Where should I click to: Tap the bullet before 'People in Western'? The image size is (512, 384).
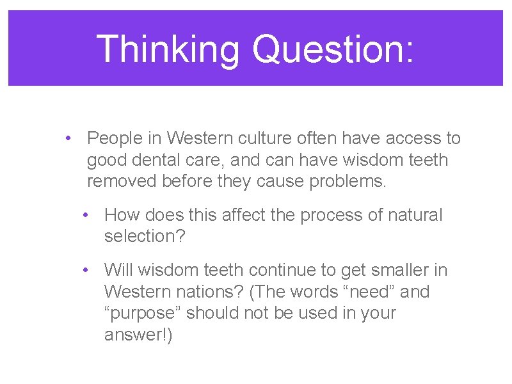point(67,138)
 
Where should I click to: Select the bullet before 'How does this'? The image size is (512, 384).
point(84,215)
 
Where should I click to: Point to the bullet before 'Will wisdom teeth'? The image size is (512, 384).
point(84,270)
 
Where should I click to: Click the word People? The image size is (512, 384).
point(116,138)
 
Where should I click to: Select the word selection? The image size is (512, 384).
point(145,236)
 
